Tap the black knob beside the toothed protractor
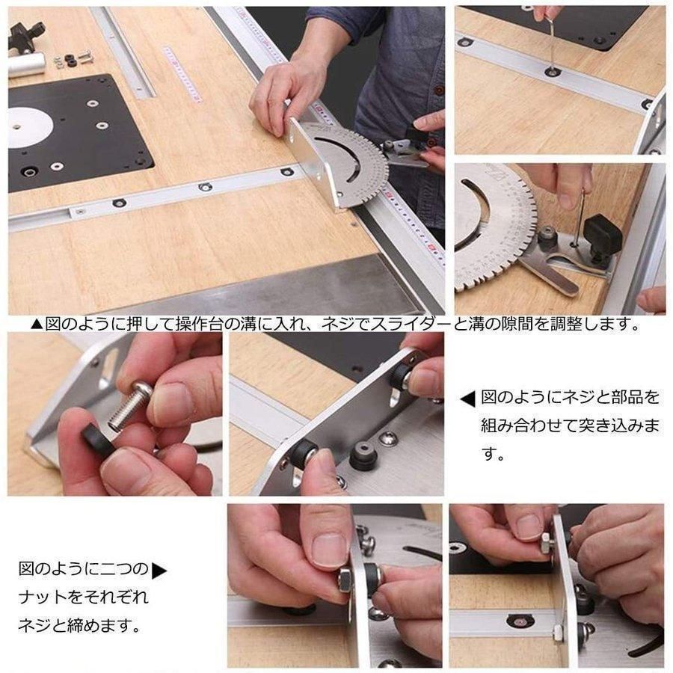click(x=603, y=234)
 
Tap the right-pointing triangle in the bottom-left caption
click(x=159, y=571)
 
